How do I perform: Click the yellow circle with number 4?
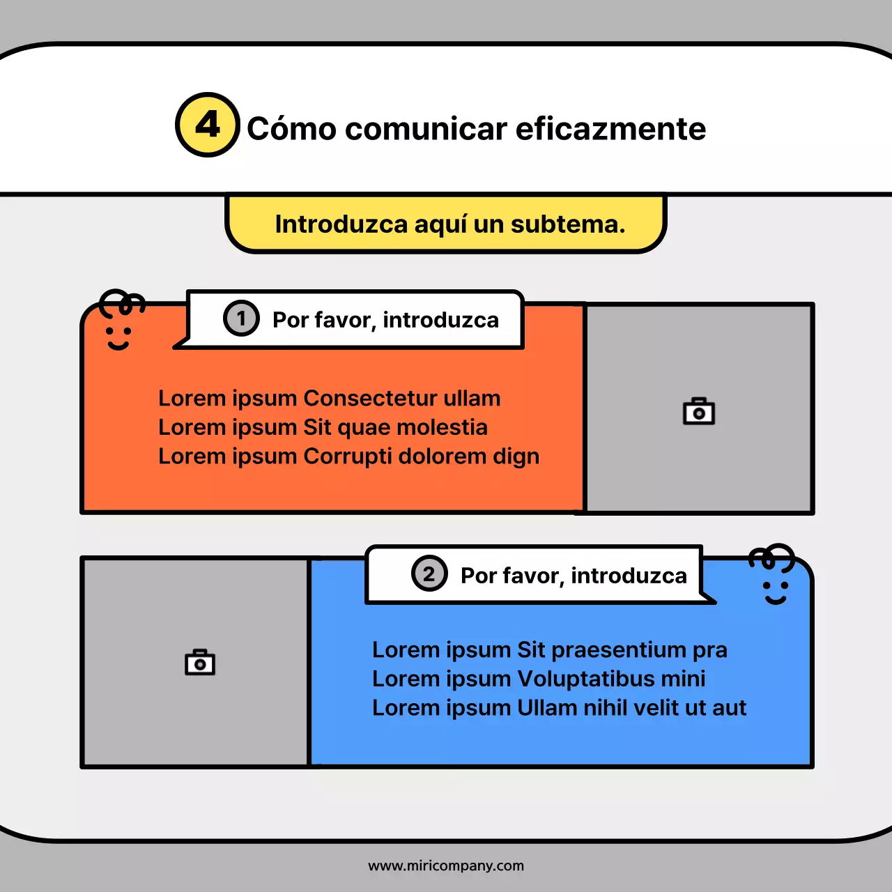pos(208,125)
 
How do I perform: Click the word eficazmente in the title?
pos(610,129)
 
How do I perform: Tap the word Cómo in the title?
pos(292,129)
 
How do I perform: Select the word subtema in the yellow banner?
pos(567,224)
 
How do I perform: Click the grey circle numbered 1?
pos(241,318)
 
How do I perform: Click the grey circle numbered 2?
pos(429,574)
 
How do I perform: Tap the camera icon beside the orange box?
pos(699,412)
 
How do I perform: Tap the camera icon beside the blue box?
pos(200,662)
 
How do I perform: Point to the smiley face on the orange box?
pos(119,324)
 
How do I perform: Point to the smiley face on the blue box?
pos(774,578)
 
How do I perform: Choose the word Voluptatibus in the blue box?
pos(585,679)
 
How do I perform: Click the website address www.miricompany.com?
pos(446,866)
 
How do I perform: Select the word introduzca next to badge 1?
pos(440,320)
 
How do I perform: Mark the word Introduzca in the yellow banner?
pos(341,224)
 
